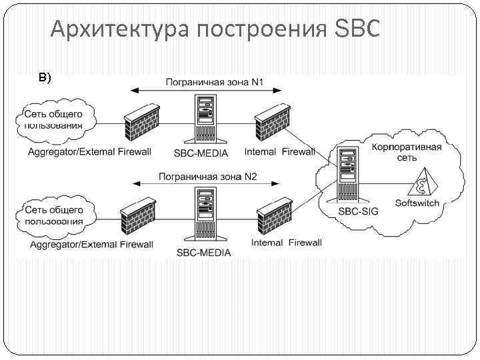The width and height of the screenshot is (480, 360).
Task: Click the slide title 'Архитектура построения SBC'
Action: tap(215, 29)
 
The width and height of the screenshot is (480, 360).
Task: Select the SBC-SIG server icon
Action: tap(349, 175)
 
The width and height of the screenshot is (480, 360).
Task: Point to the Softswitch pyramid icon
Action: tap(422, 179)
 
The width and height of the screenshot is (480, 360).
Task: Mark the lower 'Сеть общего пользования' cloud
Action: tap(54, 215)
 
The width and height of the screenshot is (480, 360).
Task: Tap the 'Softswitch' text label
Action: tap(417, 202)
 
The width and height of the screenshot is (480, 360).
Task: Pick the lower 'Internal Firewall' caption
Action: tap(286, 243)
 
